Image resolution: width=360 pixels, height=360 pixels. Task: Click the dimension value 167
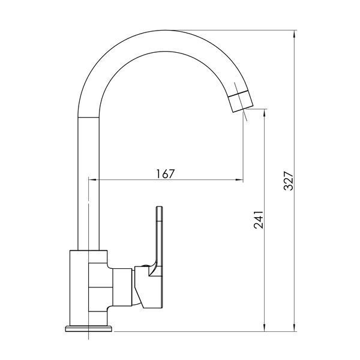pos(166,173)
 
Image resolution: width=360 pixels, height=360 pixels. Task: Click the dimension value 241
pos(259,220)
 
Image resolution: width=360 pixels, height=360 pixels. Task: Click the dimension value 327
pos(289,181)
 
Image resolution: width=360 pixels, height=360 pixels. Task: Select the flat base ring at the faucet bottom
pos(89,329)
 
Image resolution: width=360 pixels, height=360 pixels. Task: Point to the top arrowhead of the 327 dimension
pos(295,34)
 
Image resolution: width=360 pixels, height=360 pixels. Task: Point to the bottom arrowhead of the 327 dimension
pos(295,327)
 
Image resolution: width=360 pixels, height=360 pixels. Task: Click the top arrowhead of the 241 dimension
pos(265,113)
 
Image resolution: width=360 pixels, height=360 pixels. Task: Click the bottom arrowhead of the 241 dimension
pos(265,327)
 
